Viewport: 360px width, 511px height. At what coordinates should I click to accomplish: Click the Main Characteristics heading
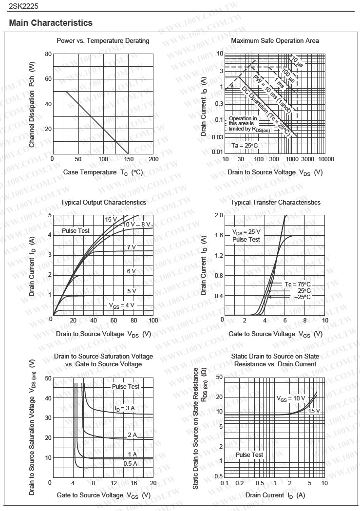tap(51, 23)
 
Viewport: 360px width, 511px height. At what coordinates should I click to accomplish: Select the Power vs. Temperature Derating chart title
tap(103, 40)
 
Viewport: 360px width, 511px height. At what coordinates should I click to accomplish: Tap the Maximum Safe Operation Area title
tap(275, 40)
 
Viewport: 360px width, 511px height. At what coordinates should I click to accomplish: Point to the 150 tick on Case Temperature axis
tap(129, 159)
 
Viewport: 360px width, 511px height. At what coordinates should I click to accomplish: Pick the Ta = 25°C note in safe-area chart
tap(245, 145)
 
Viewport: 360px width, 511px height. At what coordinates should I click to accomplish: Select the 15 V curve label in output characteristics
tap(111, 220)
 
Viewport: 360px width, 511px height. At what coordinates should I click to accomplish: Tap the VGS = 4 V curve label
tap(121, 305)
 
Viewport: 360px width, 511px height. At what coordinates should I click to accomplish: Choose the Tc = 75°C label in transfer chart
tap(298, 284)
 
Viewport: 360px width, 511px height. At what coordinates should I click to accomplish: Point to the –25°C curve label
tap(302, 297)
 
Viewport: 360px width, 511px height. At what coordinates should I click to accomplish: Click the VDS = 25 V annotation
tap(246, 232)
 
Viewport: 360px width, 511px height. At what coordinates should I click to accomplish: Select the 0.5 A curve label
tap(130, 463)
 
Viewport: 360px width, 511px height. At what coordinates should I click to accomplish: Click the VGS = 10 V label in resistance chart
tap(291, 398)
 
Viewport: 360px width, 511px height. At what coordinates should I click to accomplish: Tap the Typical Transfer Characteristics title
tap(275, 202)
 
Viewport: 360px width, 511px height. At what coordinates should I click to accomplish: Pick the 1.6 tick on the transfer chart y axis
tap(219, 235)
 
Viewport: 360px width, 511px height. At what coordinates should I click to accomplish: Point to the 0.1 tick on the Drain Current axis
tap(225, 483)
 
